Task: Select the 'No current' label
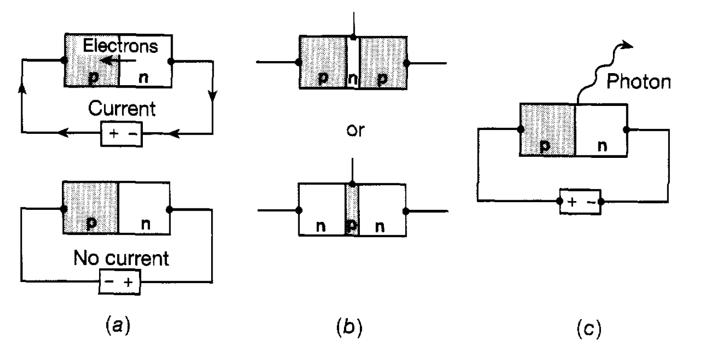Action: tap(121, 259)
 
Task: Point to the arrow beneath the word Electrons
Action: tap(120, 61)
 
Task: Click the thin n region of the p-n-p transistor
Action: tap(353, 63)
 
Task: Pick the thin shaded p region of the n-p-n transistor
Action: tap(352, 209)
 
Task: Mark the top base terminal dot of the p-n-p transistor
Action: tap(353, 37)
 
